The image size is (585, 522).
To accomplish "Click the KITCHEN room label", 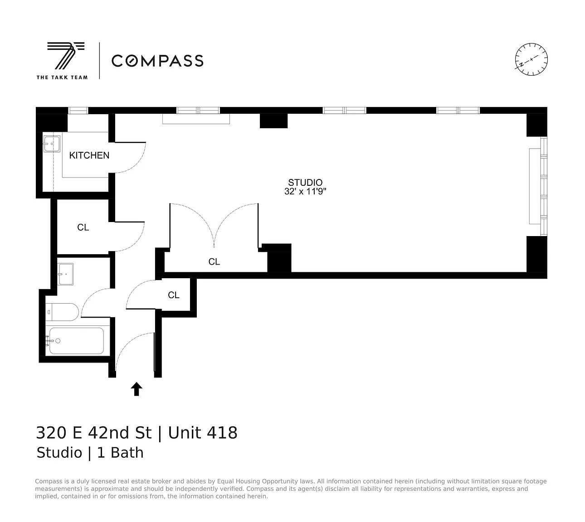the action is pyautogui.click(x=89, y=155).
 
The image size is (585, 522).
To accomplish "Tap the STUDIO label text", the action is pyautogui.click(x=305, y=182).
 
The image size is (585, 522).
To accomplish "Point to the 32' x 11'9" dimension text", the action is pyautogui.click(x=305, y=191).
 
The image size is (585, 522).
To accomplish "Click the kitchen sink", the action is pyautogui.click(x=51, y=144).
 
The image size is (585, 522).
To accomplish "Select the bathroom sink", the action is pyautogui.click(x=65, y=274).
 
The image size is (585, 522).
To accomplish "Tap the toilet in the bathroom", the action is pyautogui.click(x=62, y=312).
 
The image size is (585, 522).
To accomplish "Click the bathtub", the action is pyautogui.click(x=77, y=341).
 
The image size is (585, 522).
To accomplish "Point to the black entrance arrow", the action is pyautogui.click(x=136, y=389).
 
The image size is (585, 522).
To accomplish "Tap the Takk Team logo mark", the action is pyautogui.click(x=66, y=56).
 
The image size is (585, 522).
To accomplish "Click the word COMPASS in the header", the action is pyautogui.click(x=158, y=61).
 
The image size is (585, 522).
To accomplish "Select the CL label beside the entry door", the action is pyautogui.click(x=174, y=295).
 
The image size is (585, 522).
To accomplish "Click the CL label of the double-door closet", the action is pyautogui.click(x=214, y=262).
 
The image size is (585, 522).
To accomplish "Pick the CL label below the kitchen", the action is pyautogui.click(x=83, y=227).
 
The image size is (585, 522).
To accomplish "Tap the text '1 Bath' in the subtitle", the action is pyautogui.click(x=120, y=453).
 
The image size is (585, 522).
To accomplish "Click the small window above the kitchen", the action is pyautogui.click(x=78, y=111).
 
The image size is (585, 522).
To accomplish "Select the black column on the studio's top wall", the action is pyautogui.click(x=274, y=121).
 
